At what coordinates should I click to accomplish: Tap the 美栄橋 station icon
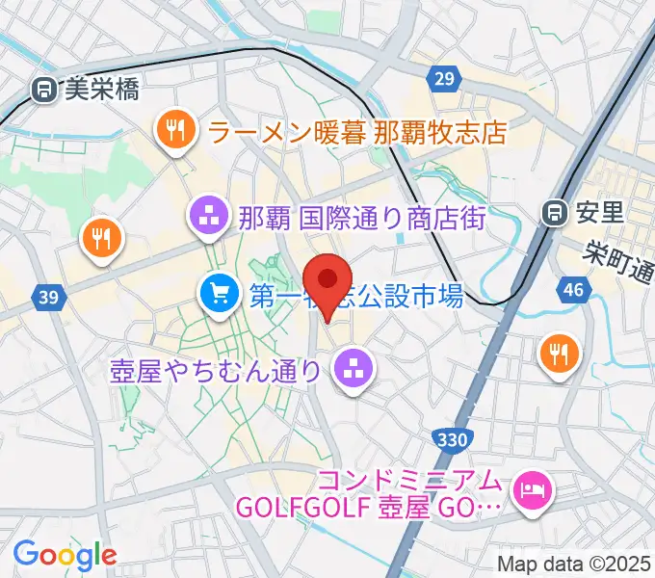pyautogui.click(x=42, y=91)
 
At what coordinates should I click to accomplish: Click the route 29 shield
pyautogui.click(x=443, y=80)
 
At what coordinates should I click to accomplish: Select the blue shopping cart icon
pyautogui.click(x=218, y=291)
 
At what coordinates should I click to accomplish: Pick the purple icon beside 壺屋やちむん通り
pyautogui.click(x=352, y=368)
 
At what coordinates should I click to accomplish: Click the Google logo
pyautogui.click(x=65, y=554)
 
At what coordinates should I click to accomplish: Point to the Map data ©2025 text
pyautogui.click(x=574, y=564)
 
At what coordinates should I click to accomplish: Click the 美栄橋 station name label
pyautogui.click(x=101, y=91)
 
